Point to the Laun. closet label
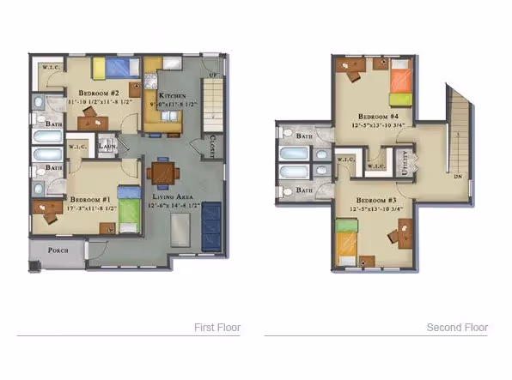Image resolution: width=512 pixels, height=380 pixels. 107,147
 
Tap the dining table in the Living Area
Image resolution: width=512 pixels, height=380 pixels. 161,172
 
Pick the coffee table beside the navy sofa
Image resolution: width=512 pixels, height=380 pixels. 180,230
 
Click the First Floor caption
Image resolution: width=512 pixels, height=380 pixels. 217,328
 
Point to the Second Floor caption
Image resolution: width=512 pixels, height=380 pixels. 457,328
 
